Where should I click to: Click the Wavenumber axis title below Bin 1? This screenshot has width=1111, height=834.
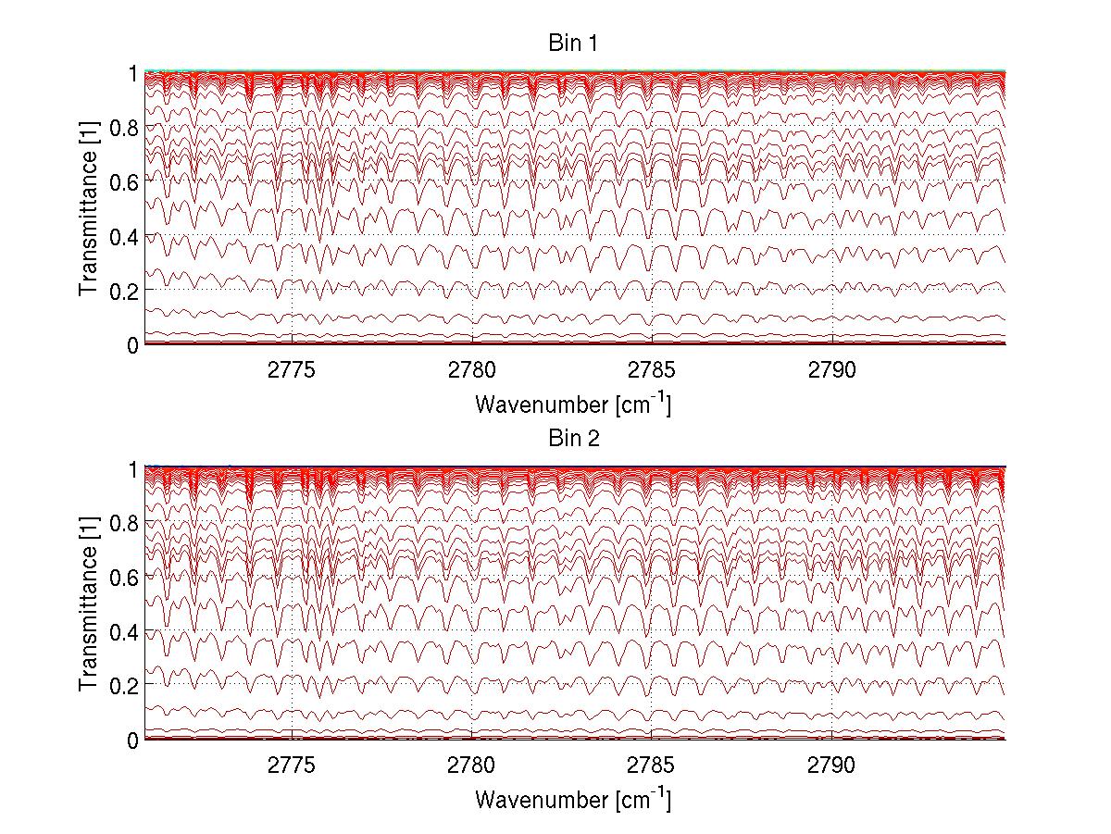pos(573,404)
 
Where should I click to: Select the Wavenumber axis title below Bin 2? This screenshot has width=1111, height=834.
pos(573,799)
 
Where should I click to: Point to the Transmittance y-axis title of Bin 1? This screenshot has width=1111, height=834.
pos(89,208)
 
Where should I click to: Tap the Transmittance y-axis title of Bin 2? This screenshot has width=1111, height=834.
pos(89,604)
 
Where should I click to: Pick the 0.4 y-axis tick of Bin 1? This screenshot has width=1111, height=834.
pos(123,237)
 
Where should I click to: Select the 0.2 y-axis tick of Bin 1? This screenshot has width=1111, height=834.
pos(123,291)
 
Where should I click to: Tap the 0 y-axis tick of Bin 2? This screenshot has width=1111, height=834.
pos(132,740)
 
